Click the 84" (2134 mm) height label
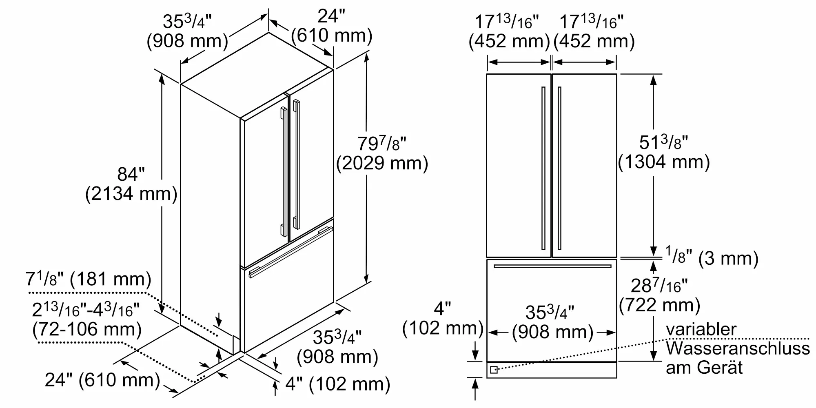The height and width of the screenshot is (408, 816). click(x=131, y=184)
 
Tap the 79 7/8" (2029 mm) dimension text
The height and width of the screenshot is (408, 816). click(x=382, y=153)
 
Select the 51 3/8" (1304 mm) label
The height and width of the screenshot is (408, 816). click(x=664, y=152)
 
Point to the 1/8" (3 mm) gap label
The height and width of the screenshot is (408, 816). click(x=712, y=257)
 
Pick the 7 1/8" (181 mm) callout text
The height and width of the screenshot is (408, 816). click(x=89, y=279)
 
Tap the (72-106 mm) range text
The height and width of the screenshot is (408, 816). click(x=87, y=329)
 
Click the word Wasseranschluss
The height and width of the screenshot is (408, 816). click(x=738, y=348)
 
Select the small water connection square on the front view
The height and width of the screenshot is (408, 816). click(x=494, y=370)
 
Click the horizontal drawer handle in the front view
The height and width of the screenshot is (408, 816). click(x=552, y=266)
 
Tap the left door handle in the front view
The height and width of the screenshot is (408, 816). click(x=543, y=168)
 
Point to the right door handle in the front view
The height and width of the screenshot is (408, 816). click(x=559, y=168)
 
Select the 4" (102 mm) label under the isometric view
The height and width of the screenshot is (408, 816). click(x=337, y=384)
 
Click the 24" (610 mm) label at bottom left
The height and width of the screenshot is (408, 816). click(x=102, y=380)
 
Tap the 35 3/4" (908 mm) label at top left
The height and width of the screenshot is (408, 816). click(x=187, y=31)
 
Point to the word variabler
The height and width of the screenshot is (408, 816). click(x=701, y=329)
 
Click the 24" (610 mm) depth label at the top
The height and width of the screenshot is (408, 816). click(x=332, y=26)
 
